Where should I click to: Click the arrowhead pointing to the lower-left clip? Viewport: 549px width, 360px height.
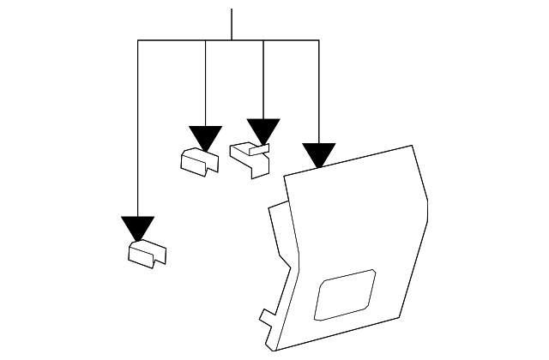[x=137, y=228]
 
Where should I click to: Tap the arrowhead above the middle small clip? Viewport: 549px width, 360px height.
[x=206, y=137]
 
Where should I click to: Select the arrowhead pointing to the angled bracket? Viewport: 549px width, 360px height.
[x=263, y=130]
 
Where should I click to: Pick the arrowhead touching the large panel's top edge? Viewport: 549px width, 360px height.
[x=319, y=155]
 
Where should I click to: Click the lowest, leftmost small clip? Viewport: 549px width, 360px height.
[x=147, y=254]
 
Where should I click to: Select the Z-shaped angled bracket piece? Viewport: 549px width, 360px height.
[x=250, y=158]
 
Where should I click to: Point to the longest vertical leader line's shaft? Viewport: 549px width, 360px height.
[x=137, y=129]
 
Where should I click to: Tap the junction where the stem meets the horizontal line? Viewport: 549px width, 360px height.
[x=232, y=40]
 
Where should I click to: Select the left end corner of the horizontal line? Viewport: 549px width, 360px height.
[x=137, y=40]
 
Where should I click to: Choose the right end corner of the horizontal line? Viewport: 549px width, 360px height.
[x=319, y=40]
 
